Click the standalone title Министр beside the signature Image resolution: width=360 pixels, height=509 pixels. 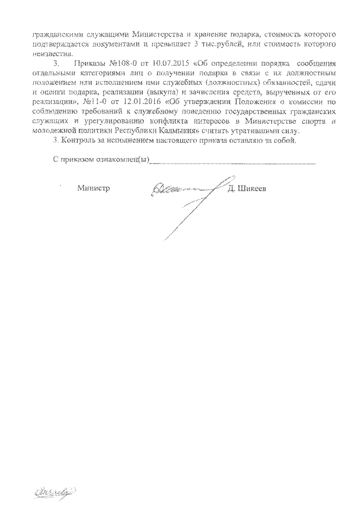coord(93,188)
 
